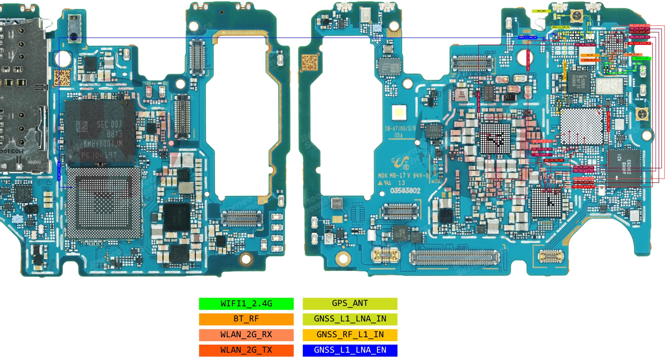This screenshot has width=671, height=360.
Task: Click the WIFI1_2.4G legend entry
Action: pos(246,304)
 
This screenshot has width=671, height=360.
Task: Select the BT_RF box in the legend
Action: pos(246,319)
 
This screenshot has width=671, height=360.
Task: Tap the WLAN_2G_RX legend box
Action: pos(246,335)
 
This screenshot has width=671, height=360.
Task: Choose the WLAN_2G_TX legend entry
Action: pos(246,350)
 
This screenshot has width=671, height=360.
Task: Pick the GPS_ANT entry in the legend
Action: pos(350,304)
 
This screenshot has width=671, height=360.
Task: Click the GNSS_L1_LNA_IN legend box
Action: pos(350,319)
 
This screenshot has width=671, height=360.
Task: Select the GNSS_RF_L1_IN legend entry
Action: pos(350,335)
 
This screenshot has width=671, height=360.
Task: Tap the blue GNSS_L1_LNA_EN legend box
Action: pos(350,350)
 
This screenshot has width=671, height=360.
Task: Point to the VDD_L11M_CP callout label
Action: pos(542,155)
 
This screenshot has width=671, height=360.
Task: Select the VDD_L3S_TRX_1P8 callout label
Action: pos(553,160)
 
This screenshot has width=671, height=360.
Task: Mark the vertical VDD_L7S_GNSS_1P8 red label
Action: pos(608,122)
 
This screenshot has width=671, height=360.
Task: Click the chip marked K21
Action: pos(624,168)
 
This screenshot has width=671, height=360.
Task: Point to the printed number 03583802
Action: pos(405,191)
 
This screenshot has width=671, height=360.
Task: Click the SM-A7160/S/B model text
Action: pos(400,129)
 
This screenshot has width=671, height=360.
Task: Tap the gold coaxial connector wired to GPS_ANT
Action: pos(576,15)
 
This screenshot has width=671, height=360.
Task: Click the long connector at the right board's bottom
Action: pos(454,257)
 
